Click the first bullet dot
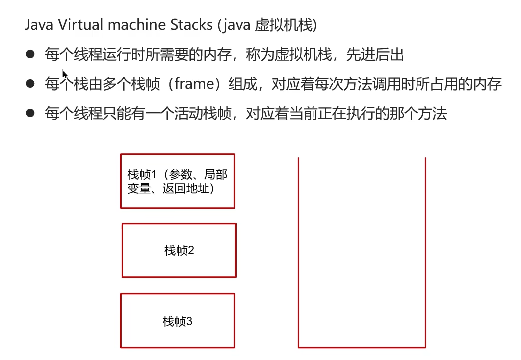click(x=31, y=54)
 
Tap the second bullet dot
click(x=31, y=84)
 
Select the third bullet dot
click(x=31, y=113)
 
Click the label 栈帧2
click(x=179, y=250)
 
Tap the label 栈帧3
click(x=177, y=321)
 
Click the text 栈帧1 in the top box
click(x=142, y=174)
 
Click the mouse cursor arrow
click(x=64, y=74)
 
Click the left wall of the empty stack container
click(x=299, y=249)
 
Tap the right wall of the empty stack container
click(x=426, y=249)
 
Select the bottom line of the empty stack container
click(x=362, y=347)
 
